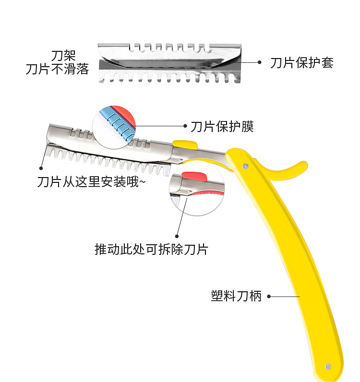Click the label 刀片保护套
pos(301,63)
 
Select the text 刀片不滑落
pos(57,69)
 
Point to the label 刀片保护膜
pos(222,126)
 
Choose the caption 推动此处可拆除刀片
pos(151,250)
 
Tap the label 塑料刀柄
pos(236,296)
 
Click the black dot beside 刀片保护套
pos(260,62)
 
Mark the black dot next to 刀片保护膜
pos(185,126)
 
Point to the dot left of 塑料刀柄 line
pos(269,296)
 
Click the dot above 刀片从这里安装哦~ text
pos(41,168)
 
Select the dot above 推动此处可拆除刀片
pos(177,236)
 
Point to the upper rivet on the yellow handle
pos(246,166)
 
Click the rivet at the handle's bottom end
pos(328,366)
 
